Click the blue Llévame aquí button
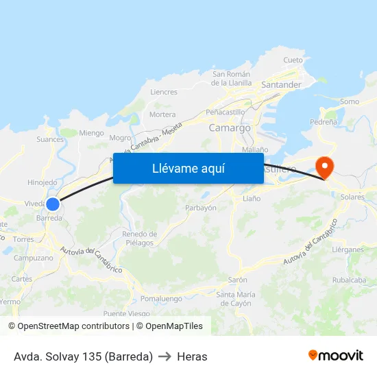click(188, 169)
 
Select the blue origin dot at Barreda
click(53, 204)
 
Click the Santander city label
click(282, 84)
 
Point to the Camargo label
click(230, 127)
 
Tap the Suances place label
click(50, 139)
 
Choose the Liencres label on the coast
click(163, 92)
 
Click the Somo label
click(349, 101)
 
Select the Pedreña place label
click(324, 121)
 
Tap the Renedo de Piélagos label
click(139, 239)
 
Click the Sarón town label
click(237, 280)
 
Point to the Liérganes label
click(348, 250)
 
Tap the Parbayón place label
click(201, 208)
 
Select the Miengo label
click(91, 133)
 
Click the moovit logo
click(336, 356)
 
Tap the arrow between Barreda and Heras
click(165, 356)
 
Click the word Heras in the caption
click(192, 356)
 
